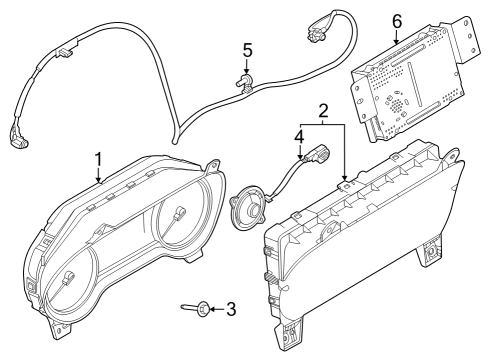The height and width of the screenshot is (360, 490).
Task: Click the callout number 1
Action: (x=98, y=158)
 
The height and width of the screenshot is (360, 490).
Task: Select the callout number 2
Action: (x=322, y=111)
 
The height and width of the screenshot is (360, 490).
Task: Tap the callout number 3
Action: (x=231, y=310)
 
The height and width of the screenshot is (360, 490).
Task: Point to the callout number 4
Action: (x=297, y=135)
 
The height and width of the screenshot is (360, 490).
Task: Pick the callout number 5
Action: (x=247, y=49)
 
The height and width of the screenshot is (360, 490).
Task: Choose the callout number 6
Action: (x=396, y=20)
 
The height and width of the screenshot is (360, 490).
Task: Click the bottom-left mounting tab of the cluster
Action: (x=65, y=325)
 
